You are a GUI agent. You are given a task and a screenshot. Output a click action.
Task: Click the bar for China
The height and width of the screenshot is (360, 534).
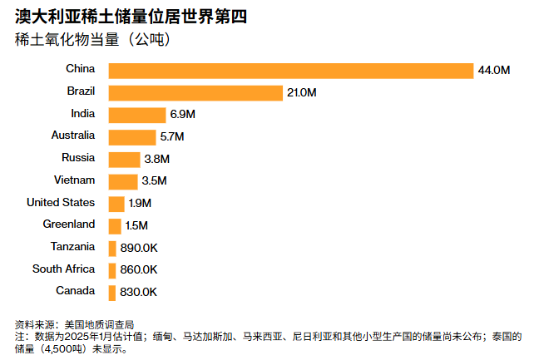(290, 70)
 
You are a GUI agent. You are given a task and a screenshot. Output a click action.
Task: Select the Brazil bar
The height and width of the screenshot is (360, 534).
(195, 92)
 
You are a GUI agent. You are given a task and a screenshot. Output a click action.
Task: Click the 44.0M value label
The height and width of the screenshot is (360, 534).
(493, 71)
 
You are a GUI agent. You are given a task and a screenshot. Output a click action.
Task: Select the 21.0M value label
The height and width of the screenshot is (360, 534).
(302, 92)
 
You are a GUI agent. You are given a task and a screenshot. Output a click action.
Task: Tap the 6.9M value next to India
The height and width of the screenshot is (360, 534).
(182, 115)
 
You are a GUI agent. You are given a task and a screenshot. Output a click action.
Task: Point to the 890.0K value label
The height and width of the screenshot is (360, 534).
(138, 248)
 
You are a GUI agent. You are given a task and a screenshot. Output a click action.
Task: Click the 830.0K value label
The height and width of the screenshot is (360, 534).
(138, 292)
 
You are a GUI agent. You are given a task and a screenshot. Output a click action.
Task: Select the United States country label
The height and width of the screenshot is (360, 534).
(61, 202)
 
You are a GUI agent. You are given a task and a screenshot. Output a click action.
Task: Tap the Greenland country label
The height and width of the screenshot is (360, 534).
(69, 224)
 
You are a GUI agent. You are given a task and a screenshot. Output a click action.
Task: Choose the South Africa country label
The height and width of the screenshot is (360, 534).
(63, 269)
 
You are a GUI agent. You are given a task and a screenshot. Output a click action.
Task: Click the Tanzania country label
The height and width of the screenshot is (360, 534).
(72, 247)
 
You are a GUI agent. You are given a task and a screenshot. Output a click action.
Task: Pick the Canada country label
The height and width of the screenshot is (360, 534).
(75, 291)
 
